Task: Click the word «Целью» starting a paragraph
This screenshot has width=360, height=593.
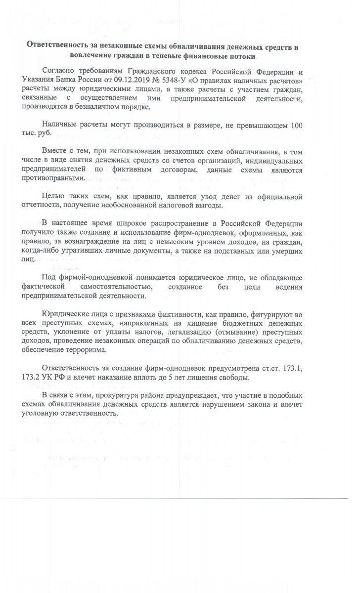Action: pyautogui.click(x=54, y=196)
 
